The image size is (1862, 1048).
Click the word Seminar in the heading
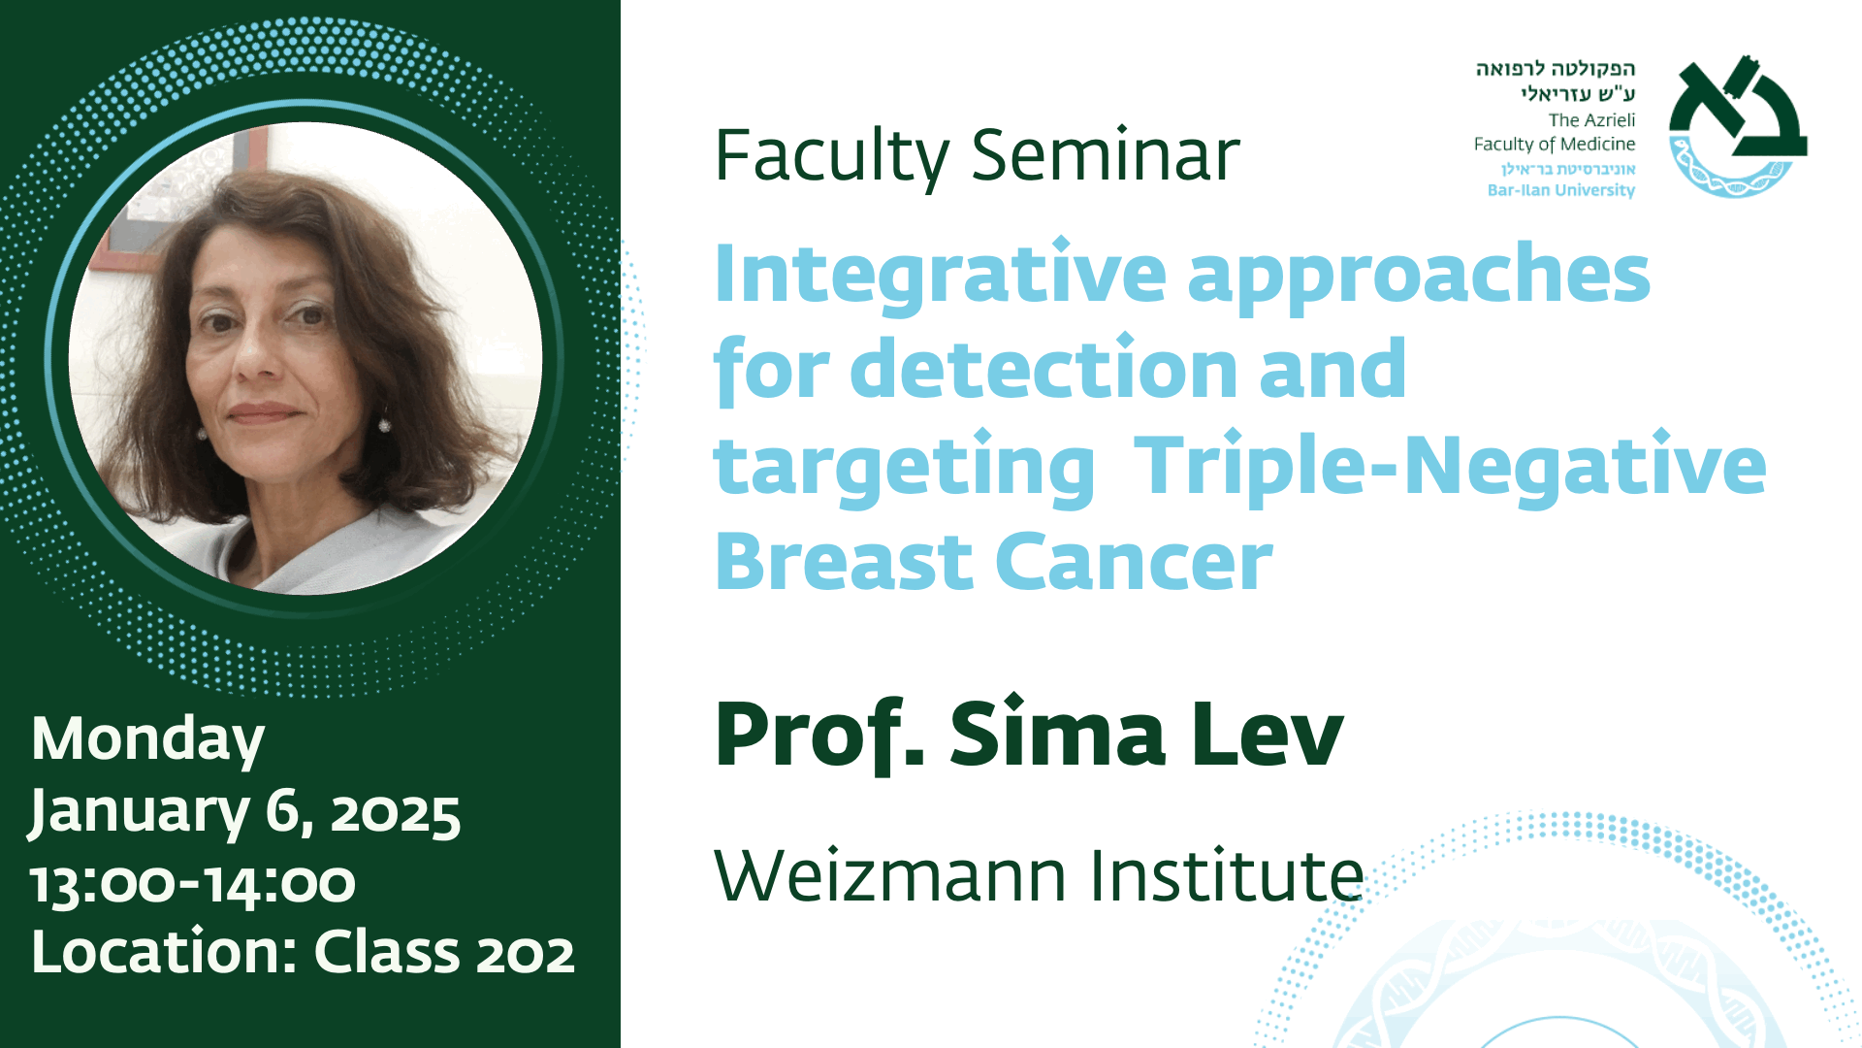1106,155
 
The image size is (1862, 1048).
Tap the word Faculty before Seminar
832,157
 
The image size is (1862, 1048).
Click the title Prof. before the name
819,736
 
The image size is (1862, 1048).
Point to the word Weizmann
890,875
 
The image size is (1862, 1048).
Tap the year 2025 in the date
395,814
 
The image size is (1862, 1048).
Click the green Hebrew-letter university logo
1737,126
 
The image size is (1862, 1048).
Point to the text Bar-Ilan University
1561,190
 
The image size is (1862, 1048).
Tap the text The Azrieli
1591,120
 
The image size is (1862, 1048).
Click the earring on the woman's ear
384,424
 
